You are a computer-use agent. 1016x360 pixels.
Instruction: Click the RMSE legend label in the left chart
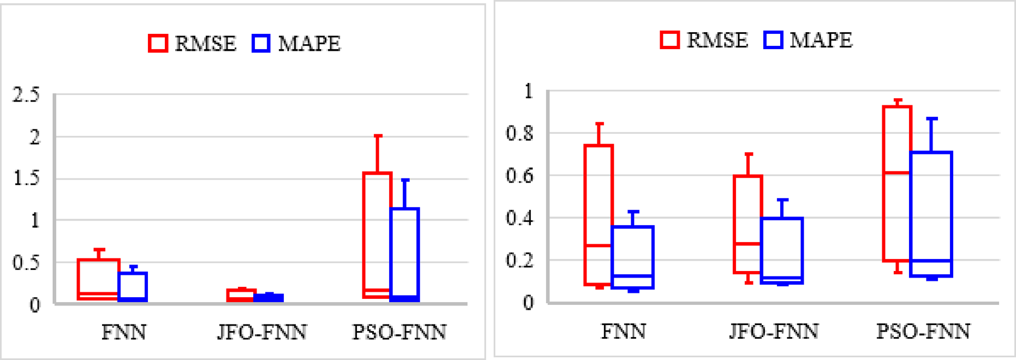205,44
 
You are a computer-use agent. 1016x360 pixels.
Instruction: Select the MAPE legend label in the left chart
309,44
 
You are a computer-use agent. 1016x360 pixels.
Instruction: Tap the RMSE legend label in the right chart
717,40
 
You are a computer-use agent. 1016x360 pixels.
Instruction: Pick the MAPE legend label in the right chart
821,40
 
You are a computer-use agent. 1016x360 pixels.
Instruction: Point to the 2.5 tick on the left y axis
26,95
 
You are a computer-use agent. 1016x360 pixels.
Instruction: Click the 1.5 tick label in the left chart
26,178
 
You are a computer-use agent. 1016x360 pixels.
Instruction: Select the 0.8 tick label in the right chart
519,133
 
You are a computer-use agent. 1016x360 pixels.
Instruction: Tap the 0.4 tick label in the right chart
519,218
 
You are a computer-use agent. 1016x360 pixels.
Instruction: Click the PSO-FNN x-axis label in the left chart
399,332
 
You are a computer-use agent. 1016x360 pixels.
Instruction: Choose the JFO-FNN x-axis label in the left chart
262,332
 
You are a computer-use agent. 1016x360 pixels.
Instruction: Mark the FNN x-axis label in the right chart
623,332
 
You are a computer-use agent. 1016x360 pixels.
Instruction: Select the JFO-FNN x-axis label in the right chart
774,332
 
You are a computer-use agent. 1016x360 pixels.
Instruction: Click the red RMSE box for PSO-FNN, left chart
377,235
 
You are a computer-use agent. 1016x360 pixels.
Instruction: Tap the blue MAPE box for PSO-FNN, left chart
405,254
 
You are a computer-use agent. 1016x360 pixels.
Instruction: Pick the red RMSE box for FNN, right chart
599,214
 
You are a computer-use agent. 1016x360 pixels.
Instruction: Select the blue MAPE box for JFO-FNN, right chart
782,250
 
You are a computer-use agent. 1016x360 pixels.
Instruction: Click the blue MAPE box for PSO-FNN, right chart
931,214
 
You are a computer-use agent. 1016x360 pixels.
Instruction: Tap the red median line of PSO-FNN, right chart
897,173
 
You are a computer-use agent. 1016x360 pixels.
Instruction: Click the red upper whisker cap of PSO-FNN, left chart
378,136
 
